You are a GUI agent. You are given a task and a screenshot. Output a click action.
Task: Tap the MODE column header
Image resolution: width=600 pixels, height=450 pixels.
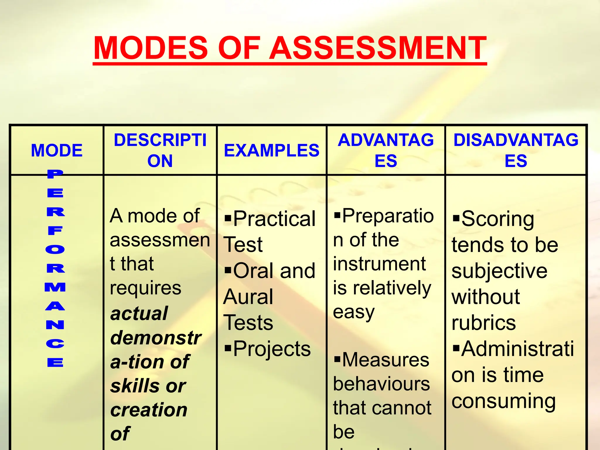pos(57,150)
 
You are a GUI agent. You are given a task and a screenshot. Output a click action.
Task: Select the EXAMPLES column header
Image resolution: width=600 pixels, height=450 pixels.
pos(272,150)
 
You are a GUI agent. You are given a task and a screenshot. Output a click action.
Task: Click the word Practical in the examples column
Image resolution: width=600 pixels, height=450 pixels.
pos(274,219)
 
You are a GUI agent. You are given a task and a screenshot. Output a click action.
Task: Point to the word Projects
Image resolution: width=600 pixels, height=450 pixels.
pos(272,349)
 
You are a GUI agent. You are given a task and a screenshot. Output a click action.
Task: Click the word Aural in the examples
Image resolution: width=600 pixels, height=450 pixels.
pos(248,297)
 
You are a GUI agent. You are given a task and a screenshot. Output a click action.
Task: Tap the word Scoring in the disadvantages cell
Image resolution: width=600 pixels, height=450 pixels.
pos(497,219)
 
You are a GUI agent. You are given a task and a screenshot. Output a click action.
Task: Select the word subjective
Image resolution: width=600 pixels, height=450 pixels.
pos(499,271)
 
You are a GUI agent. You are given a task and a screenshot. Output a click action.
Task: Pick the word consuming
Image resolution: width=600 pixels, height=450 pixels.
pos(503,401)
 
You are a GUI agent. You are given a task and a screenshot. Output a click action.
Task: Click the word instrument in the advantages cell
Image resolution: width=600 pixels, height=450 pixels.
pos(379,264)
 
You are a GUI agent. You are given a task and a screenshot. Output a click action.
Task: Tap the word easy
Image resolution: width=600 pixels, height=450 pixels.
pos(354,312)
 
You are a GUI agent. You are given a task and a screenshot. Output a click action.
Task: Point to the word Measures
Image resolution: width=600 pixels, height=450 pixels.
pos(386,360)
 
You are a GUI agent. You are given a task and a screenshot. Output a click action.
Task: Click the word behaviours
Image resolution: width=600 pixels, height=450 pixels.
pos(381,384)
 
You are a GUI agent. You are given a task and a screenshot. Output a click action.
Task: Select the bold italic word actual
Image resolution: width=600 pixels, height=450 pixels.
pos(139,313)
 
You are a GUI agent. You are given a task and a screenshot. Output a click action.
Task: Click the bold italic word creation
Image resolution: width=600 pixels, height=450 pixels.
pos(149,410)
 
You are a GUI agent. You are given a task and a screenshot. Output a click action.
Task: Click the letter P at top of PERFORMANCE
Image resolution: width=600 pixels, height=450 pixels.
pos(55,174)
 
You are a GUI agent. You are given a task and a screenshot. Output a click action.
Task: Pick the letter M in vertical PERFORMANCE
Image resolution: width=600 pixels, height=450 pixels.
pos(55,287)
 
